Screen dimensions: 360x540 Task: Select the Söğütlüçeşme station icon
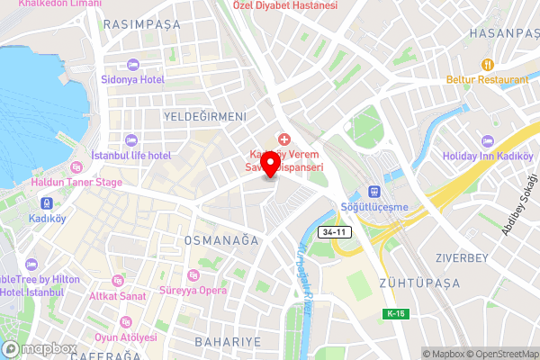point(373,192)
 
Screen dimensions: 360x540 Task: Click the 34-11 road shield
point(335,233)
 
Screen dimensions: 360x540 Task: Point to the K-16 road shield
point(394,313)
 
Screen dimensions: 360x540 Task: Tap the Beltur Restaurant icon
point(487,65)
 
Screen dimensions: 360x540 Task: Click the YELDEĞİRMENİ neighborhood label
point(205,117)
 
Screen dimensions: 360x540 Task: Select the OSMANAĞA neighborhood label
point(220,240)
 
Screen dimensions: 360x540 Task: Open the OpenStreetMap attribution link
point(501,353)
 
